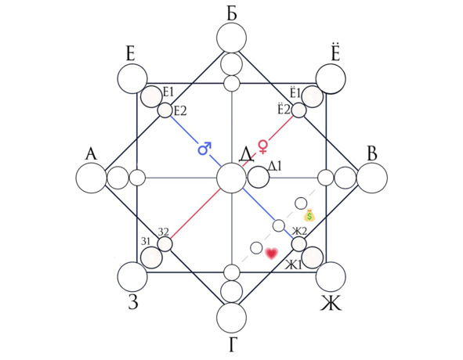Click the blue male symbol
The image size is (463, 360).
pyautogui.click(x=204, y=149)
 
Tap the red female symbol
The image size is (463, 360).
pyautogui.click(x=262, y=146)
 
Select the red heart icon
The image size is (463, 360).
pyautogui.click(x=271, y=254)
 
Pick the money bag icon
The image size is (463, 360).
pyautogui.click(x=309, y=215)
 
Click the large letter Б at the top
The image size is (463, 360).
pyautogui.click(x=232, y=14)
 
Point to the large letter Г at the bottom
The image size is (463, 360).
pyautogui.click(x=233, y=344)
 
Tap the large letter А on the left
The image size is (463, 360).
pyautogui.click(x=91, y=153)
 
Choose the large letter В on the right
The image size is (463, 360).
pyautogui.click(x=373, y=153)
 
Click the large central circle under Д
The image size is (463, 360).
pyautogui.click(x=231, y=178)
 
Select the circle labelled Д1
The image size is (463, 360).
pyautogui.click(x=259, y=177)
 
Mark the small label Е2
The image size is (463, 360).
pyautogui.click(x=179, y=111)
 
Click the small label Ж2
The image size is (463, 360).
pyautogui.click(x=300, y=232)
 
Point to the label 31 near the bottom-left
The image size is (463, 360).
pyautogui.click(x=146, y=241)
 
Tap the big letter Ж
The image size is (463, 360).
pyautogui.click(x=331, y=303)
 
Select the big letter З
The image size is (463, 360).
pyautogui.click(x=133, y=302)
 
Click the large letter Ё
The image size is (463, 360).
pyautogui.click(x=335, y=52)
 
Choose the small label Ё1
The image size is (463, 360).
pyautogui.click(x=295, y=92)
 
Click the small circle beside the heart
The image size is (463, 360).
pyautogui.click(x=256, y=248)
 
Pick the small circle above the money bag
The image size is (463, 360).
pyautogui.click(x=301, y=203)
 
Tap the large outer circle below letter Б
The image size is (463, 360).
pyautogui.click(x=232, y=38)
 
